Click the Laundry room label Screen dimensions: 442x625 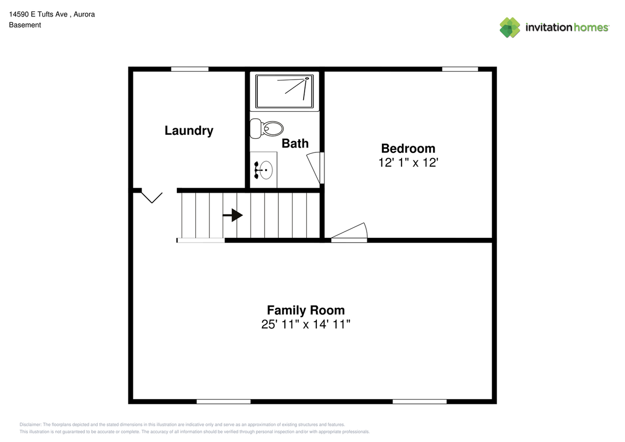[188, 130]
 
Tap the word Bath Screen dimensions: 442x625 [295, 143]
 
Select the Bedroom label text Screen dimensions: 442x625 [408, 148]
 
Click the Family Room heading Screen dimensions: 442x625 [306, 310]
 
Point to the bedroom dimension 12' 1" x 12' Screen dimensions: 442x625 [408, 163]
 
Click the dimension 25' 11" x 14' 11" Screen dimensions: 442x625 [306, 324]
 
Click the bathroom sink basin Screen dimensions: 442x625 [265, 170]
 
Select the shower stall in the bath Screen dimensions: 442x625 [285, 91]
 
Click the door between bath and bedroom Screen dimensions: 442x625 [315, 168]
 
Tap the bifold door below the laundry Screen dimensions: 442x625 [152, 196]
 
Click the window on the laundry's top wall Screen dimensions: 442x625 [189, 69]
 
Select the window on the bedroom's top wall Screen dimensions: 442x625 [459, 69]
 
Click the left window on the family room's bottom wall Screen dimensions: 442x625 [223, 401]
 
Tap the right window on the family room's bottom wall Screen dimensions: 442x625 [419, 401]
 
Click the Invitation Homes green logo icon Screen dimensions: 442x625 [510, 27]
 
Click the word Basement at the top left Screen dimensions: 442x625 [25, 25]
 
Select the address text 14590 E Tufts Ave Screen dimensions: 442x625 [38, 14]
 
